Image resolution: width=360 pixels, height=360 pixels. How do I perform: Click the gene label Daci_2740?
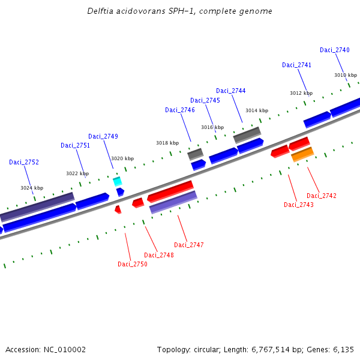[334, 50]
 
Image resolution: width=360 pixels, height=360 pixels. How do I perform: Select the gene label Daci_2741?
[297, 65]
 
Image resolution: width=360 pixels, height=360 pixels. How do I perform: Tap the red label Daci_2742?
[322, 196]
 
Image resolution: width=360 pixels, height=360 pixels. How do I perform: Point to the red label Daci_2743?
[299, 205]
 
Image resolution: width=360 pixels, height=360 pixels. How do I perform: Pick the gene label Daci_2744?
[231, 91]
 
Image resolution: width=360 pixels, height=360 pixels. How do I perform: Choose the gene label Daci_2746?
[180, 110]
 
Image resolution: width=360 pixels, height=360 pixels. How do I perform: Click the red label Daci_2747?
[189, 245]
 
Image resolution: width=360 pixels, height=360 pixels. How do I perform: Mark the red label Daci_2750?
[133, 264]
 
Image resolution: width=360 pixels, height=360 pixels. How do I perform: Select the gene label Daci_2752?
[24, 162]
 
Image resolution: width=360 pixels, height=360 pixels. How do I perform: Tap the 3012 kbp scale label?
[301, 93]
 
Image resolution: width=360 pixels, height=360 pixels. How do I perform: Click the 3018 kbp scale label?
[167, 143]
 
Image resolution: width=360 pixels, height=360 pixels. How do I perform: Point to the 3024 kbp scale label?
[32, 188]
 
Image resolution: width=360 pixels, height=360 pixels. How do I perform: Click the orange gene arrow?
[302, 155]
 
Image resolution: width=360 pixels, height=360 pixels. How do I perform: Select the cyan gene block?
[118, 181]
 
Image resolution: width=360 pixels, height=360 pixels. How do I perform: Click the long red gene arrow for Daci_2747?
[170, 191]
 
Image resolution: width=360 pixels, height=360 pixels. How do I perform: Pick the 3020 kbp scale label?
[122, 158]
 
